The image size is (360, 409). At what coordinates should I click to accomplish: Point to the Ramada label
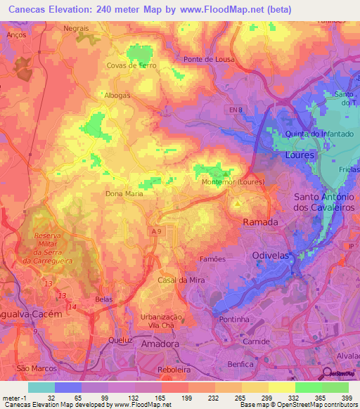click(x=260, y=221)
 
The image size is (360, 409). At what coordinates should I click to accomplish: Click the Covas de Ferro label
click(x=131, y=65)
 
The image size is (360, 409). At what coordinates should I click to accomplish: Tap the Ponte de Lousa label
click(x=210, y=60)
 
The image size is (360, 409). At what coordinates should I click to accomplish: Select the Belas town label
click(x=103, y=299)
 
